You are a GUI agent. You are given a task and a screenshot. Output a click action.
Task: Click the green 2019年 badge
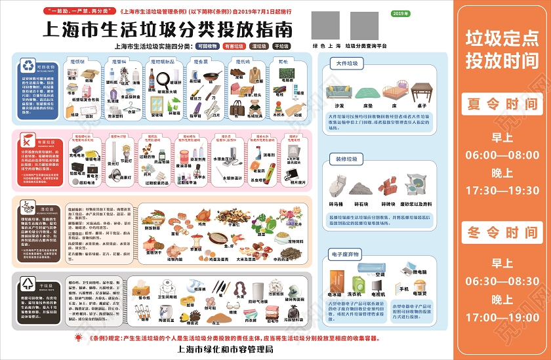[399, 14]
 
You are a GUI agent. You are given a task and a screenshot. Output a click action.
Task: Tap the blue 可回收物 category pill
[207, 47]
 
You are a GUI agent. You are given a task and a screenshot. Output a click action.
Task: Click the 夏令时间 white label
[502, 104]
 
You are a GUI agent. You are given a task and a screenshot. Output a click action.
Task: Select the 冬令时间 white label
[502, 232]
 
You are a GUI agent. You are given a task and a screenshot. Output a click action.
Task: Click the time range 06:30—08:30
[502, 280]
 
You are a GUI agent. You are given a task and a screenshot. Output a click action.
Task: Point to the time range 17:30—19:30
[502, 190]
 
